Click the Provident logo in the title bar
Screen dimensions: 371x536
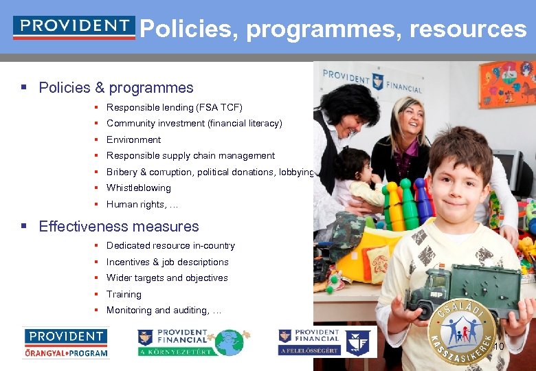pos(74,27)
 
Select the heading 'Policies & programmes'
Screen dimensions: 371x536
pos(116,88)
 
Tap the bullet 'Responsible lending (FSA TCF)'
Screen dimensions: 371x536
pos(174,108)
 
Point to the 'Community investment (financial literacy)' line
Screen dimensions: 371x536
pos(194,124)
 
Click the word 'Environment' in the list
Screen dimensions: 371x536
pos(133,139)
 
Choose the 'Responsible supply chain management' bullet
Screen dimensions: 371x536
pos(190,156)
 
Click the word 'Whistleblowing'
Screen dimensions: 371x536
pos(138,188)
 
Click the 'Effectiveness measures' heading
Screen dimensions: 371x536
pos(119,227)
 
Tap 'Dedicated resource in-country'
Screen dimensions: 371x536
pos(170,246)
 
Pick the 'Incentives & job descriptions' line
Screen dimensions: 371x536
pos(167,262)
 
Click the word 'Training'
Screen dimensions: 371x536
pos(124,294)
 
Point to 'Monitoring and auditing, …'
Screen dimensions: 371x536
pos(164,311)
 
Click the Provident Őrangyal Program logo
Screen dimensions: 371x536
pos(66,342)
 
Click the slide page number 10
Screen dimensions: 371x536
pos(499,346)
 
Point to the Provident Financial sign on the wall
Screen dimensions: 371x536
pos(362,80)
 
